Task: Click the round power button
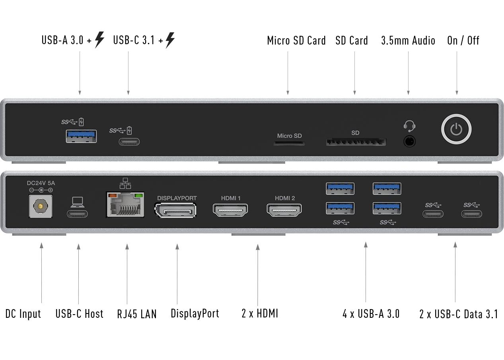tap(456, 129)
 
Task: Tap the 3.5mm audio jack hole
tap(409, 142)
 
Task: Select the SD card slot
tap(356, 142)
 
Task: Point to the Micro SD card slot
tap(289, 143)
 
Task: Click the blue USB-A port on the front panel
tap(81, 136)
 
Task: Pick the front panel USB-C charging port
tap(129, 142)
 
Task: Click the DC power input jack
tap(41, 206)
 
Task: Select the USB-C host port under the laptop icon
tap(77, 214)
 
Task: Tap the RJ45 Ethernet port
tap(125, 204)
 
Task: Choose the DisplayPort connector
tap(175, 210)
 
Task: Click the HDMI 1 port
tap(230, 210)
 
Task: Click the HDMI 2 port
tap(284, 210)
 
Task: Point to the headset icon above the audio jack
tap(409, 126)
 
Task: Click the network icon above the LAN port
tap(125, 183)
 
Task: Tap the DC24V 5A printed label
tap(41, 183)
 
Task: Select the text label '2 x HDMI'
tap(260, 313)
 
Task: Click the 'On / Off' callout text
tap(463, 41)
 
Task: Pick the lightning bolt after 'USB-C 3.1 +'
tap(170, 40)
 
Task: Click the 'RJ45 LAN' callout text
tap(137, 314)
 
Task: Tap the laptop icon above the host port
tap(78, 202)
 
